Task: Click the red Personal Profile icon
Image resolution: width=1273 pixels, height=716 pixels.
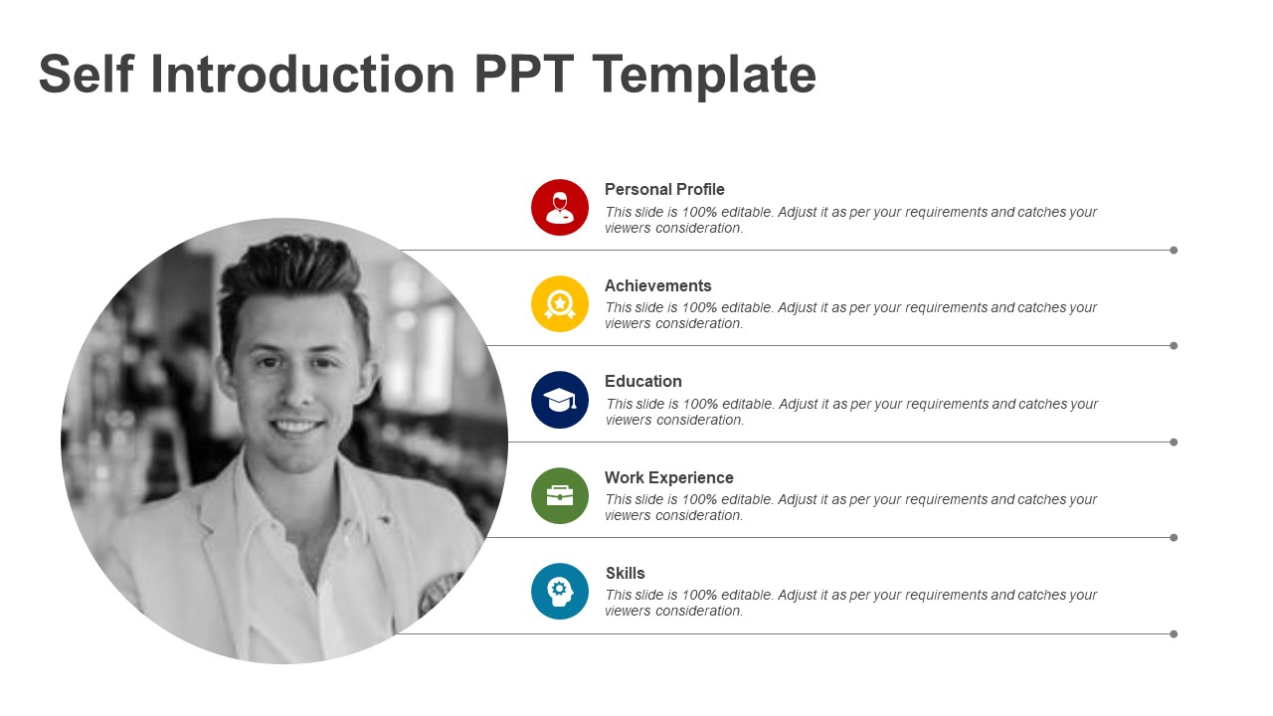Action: [x=560, y=207]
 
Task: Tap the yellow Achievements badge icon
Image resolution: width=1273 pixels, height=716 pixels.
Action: [x=560, y=303]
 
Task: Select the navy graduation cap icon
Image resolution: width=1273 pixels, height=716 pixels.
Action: [x=560, y=400]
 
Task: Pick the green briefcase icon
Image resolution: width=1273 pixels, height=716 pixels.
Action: [x=560, y=495]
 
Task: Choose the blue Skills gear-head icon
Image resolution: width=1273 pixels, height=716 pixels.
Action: [x=560, y=591]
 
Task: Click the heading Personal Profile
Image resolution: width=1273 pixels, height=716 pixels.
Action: [x=664, y=189]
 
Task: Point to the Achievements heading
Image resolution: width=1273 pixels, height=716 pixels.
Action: [x=658, y=285]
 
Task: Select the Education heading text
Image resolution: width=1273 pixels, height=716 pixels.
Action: [x=643, y=381]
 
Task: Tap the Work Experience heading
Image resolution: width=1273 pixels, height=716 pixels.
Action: [x=669, y=477]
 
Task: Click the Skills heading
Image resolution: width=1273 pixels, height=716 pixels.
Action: [x=626, y=573]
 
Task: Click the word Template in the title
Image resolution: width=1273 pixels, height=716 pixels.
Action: [x=704, y=75]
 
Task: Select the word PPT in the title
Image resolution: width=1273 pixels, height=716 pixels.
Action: [x=523, y=75]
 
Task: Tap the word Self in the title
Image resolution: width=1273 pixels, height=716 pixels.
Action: [x=86, y=75]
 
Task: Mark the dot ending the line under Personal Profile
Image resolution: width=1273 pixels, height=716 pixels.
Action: [x=1174, y=250]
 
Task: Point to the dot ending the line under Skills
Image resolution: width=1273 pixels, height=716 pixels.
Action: [x=1174, y=633]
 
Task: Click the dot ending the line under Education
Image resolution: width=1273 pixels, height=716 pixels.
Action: [x=1174, y=442]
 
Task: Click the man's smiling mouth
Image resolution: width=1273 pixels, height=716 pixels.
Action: [x=298, y=428]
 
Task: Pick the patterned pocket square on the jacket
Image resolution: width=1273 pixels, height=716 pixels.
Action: [x=441, y=593]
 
